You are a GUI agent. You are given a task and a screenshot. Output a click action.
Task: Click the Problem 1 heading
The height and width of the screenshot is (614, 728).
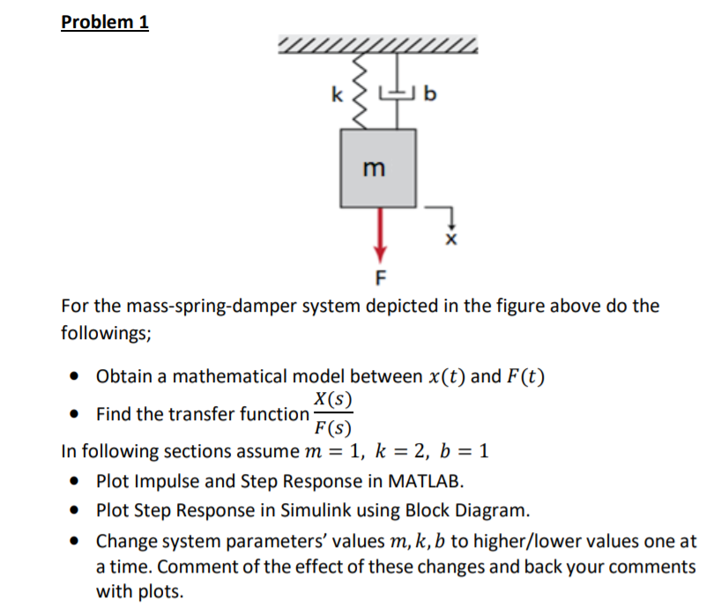[x=105, y=21]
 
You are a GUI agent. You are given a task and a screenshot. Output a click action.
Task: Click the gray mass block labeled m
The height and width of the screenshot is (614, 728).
[x=378, y=167]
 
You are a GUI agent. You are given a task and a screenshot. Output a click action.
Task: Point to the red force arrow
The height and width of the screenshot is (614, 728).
[x=380, y=233]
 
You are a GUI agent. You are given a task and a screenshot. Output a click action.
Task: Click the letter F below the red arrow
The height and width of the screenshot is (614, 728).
[x=381, y=280]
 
